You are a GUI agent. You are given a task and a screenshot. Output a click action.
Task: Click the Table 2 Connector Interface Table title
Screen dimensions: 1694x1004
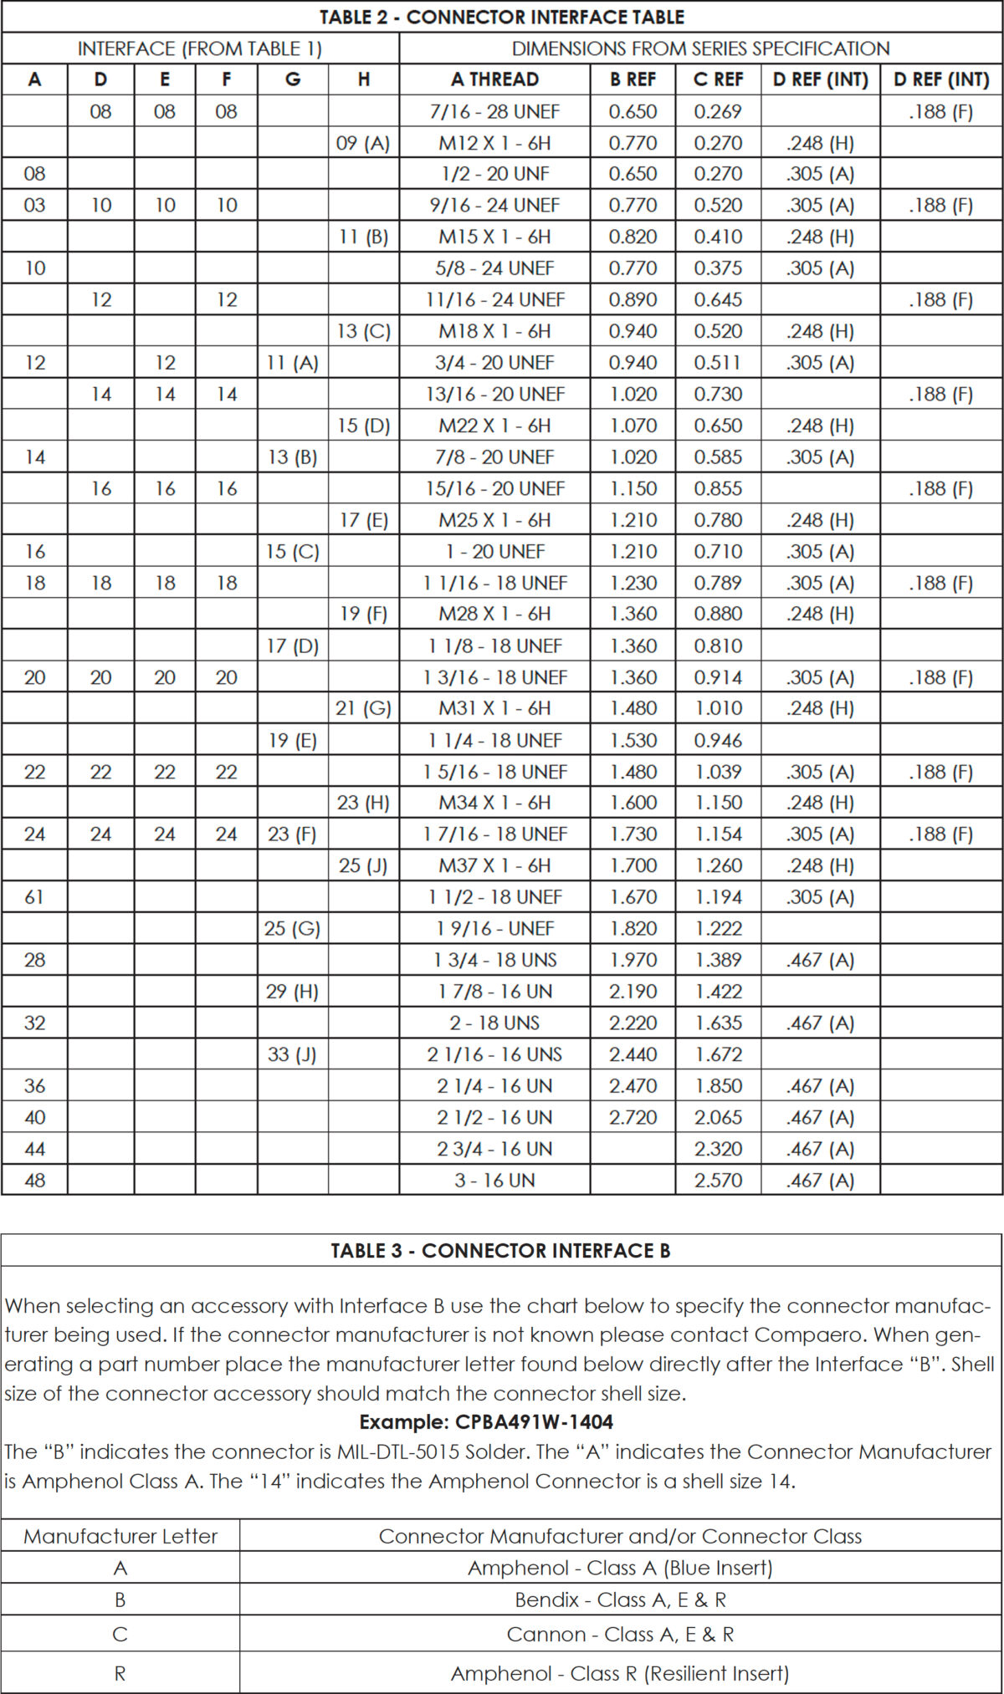[x=502, y=17]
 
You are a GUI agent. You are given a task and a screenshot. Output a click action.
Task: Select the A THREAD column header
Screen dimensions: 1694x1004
[x=494, y=79]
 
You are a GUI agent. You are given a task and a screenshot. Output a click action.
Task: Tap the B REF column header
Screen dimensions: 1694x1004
[x=633, y=79]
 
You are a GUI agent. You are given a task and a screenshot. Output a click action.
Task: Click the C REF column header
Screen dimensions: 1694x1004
[x=718, y=79]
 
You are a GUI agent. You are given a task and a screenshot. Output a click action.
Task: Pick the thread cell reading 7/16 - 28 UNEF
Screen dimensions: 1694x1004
[x=494, y=111]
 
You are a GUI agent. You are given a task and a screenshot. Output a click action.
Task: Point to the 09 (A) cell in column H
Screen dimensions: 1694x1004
[x=363, y=143]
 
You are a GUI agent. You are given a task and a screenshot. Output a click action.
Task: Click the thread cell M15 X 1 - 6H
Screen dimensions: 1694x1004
[x=494, y=237]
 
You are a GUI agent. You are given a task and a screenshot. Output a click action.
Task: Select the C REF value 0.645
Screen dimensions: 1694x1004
[x=718, y=299]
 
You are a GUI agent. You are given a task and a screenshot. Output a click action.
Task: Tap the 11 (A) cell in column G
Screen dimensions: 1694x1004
[x=293, y=363]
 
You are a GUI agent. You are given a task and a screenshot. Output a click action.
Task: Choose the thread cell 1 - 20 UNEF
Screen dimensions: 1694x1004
[x=494, y=552]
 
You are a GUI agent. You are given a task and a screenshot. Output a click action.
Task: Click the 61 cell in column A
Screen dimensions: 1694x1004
[x=34, y=897]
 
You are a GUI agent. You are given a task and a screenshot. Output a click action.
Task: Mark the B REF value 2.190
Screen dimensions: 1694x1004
[x=633, y=992]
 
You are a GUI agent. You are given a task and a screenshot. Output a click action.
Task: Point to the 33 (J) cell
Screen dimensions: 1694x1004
[x=292, y=1054]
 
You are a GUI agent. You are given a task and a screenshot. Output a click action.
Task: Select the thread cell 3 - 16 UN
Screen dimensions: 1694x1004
[x=494, y=1181]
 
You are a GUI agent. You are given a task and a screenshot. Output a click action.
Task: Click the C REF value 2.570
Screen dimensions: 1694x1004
[x=718, y=1181]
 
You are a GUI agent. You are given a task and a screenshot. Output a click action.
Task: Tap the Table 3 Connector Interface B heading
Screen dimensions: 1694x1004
[x=500, y=1251]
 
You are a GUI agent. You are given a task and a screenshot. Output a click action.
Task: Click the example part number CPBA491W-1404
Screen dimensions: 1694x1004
[x=486, y=1422]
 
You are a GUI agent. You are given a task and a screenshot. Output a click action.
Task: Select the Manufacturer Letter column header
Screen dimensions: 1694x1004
[x=120, y=1536]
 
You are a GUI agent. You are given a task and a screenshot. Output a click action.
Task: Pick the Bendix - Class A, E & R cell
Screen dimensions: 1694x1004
[x=620, y=1600]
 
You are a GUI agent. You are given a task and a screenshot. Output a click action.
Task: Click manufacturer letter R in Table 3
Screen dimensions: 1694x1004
[x=120, y=1673]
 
